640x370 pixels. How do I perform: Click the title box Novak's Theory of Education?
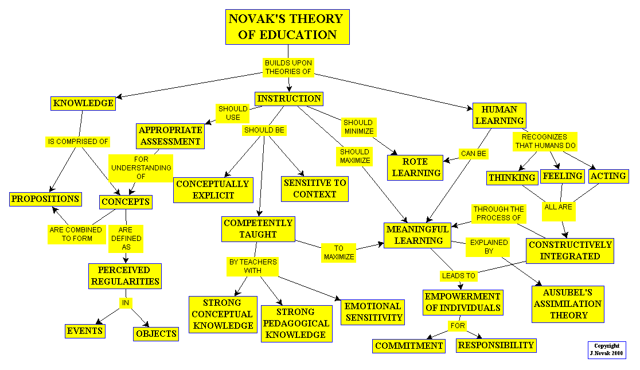click(x=287, y=26)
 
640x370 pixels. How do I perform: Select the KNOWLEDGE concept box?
click(x=83, y=103)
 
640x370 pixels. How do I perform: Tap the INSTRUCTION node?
click(x=289, y=99)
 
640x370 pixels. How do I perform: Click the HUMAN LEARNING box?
click(x=499, y=115)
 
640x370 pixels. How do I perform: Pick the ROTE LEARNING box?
click(x=416, y=167)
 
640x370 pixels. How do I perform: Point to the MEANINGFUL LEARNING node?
click(x=417, y=235)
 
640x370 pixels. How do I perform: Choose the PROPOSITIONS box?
click(x=45, y=199)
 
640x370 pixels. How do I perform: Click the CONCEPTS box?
click(x=126, y=202)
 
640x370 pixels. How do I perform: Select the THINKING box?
click(x=512, y=178)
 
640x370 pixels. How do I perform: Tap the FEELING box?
click(x=563, y=176)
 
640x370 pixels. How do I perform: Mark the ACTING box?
click(x=608, y=176)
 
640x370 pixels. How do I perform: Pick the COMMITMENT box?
click(x=409, y=346)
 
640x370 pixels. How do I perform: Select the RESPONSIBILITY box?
click(x=496, y=345)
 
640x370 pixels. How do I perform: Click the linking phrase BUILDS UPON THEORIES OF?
click(x=288, y=67)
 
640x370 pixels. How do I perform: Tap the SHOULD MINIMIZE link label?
click(x=358, y=127)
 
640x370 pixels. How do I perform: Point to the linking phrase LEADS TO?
click(x=458, y=276)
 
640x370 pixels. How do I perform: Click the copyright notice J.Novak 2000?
click(x=606, y=350)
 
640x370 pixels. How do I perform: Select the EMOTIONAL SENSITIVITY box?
click(x=373, y=311)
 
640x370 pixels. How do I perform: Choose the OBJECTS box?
click(x=156, y=334)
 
